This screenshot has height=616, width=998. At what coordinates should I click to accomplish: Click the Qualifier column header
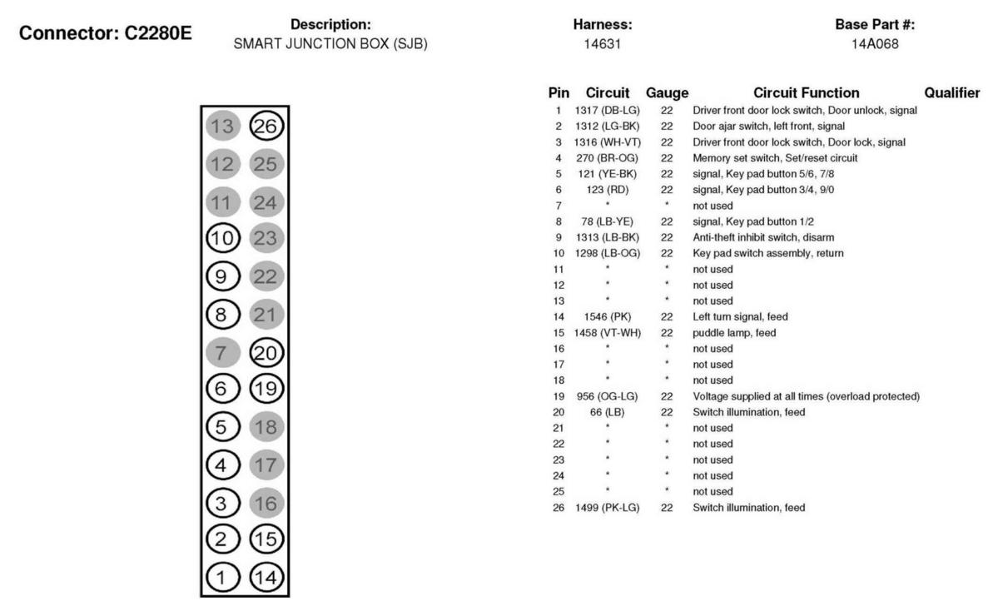(951, 93)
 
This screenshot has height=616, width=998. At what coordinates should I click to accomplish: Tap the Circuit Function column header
(806, 93)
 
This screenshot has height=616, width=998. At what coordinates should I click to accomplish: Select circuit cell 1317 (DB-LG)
(608, 111)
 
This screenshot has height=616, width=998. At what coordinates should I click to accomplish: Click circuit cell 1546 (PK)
(608, 316)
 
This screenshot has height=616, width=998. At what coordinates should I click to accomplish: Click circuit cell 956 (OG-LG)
(608, 395)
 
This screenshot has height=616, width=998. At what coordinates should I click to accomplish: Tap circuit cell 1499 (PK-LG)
(608, 507)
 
